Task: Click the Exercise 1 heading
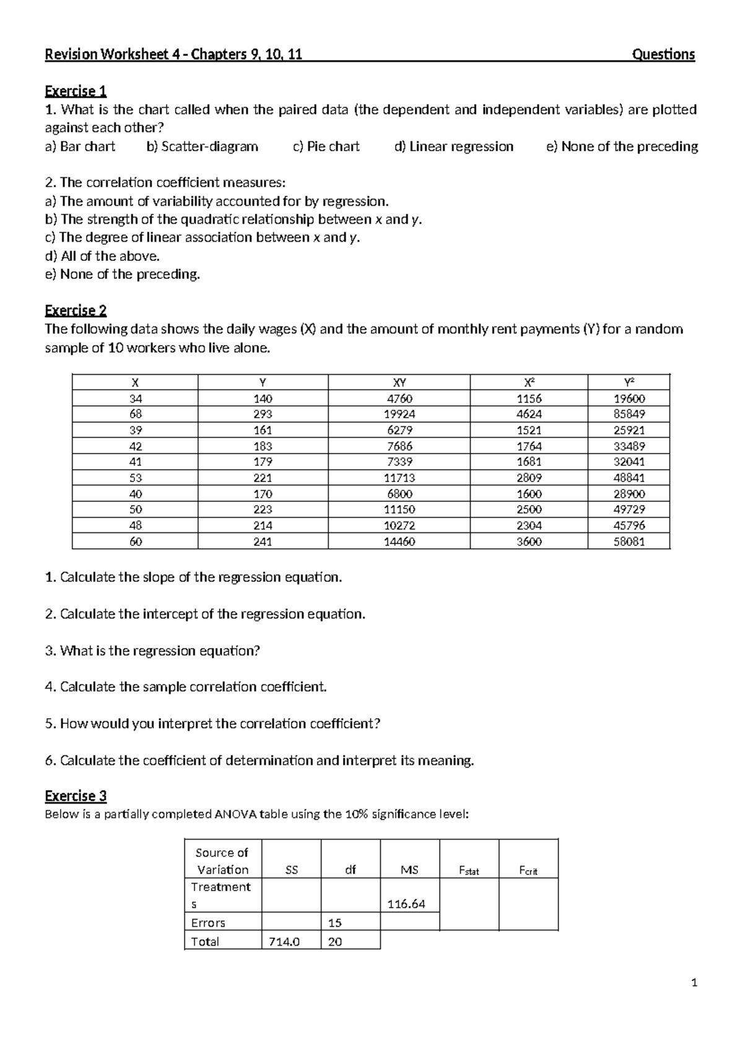point(76,92)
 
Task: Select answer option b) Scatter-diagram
point(202,147)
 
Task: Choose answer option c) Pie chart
point(326,147)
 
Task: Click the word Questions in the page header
point(663,55)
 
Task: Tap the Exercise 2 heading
point(76,310)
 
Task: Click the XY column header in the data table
point(399,382)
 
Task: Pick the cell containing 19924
point(399,414)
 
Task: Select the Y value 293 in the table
point(263,414)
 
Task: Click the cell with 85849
point(629,414)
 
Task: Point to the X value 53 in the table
point(136,478)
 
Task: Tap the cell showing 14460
point(399,542)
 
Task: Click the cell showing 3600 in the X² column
point(529,542)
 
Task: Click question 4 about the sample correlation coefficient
point(186,687)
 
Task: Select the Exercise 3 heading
point(76,796)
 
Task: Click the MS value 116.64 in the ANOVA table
point(406,904)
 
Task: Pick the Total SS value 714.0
point(284,942)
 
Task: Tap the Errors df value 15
point(335,923)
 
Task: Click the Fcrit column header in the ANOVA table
point(528,871)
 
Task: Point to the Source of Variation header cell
point(222,861)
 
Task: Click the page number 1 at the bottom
point(694,983)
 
